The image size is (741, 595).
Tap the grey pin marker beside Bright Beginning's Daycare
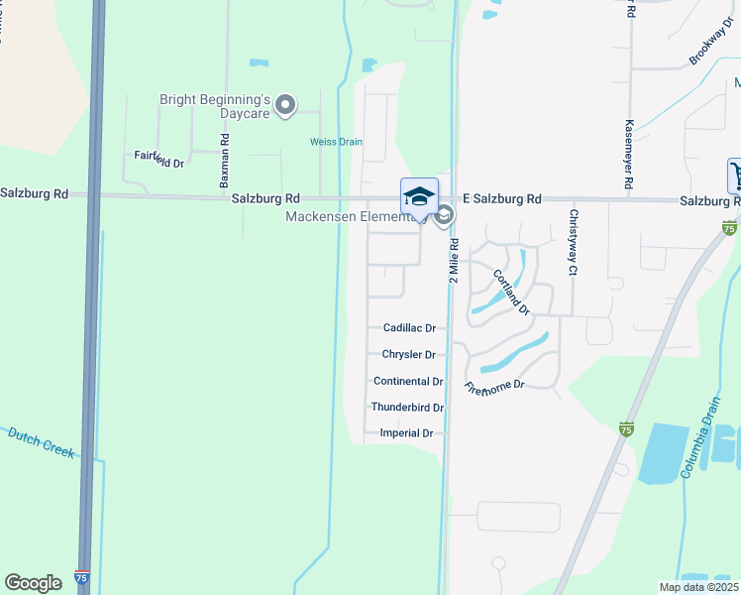(x=286, y=104)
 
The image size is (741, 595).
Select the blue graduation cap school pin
(x=419, y=196)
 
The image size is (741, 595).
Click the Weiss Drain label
(x=336, y=142)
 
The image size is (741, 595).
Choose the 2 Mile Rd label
(x=454, y=260)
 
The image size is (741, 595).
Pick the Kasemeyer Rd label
(x=629, y=156)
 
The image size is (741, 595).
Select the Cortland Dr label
(x=511, y=293)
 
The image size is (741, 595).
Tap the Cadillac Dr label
(x=409, y=328)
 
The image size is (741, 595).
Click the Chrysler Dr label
(x=409, y=355)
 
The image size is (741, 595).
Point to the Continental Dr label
(x=408, y=382)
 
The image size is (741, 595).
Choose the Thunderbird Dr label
(x=407, y=408)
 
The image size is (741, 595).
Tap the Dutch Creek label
(x=42, y=441)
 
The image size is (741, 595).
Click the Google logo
(x=33, y=582)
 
